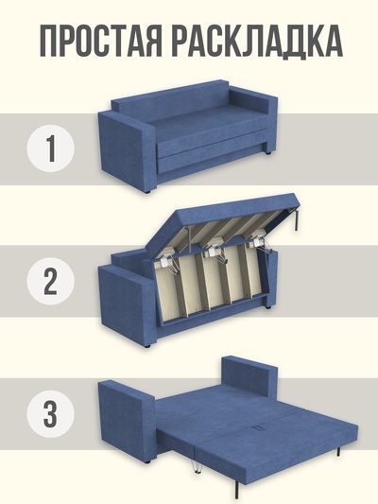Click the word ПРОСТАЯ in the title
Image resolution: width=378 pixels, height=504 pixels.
pos(100,42)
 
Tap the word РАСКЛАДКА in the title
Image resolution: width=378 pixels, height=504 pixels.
pos(257,42)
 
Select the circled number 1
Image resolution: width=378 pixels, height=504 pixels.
pos(51,148)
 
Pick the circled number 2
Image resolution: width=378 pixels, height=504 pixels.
pos(51,281)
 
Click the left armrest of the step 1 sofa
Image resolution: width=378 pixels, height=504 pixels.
pos(127,151)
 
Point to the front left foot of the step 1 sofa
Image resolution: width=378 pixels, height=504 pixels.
pos(147,192)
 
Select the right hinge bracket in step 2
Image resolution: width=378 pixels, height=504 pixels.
pos(261,243)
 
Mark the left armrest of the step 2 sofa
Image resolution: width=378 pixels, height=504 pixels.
pos(127,307)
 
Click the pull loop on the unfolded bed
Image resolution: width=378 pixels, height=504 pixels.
pos(258,428)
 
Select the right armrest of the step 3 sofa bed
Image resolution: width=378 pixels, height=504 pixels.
pos(249,376)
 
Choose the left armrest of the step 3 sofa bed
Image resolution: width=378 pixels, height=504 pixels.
pos(127,421)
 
